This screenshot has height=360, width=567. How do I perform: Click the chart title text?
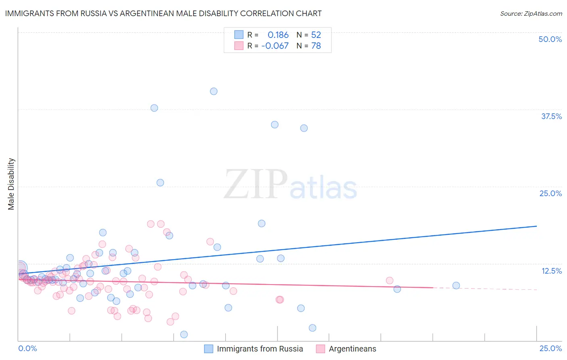[163, 13]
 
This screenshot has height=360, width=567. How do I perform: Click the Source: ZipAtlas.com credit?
[531, 13]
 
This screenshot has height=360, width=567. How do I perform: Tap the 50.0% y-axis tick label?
[550, 39]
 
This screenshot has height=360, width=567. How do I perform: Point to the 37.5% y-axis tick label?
[551, 116]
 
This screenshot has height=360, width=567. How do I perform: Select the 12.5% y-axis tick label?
[551, 271]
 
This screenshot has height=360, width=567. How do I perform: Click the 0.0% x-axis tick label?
[27, 348]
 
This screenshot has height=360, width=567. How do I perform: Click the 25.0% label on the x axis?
[550, 348]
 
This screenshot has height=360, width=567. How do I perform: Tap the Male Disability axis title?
[11, 184]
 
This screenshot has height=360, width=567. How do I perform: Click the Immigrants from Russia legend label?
[260, 349]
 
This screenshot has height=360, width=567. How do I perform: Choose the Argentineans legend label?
[352, 349]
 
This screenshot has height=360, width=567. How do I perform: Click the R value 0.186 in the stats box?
[278, 35]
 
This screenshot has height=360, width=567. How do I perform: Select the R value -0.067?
[275, 46]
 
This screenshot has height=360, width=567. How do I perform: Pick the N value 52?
[316, 35]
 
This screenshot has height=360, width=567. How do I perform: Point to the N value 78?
[316, 46]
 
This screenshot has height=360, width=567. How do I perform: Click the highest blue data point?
[214, 91]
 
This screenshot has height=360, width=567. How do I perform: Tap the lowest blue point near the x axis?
[184, 334]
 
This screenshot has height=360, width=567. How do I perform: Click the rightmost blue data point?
[456, 285]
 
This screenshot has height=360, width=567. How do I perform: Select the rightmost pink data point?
[390, 280]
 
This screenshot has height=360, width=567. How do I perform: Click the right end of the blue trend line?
[536, 226]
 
